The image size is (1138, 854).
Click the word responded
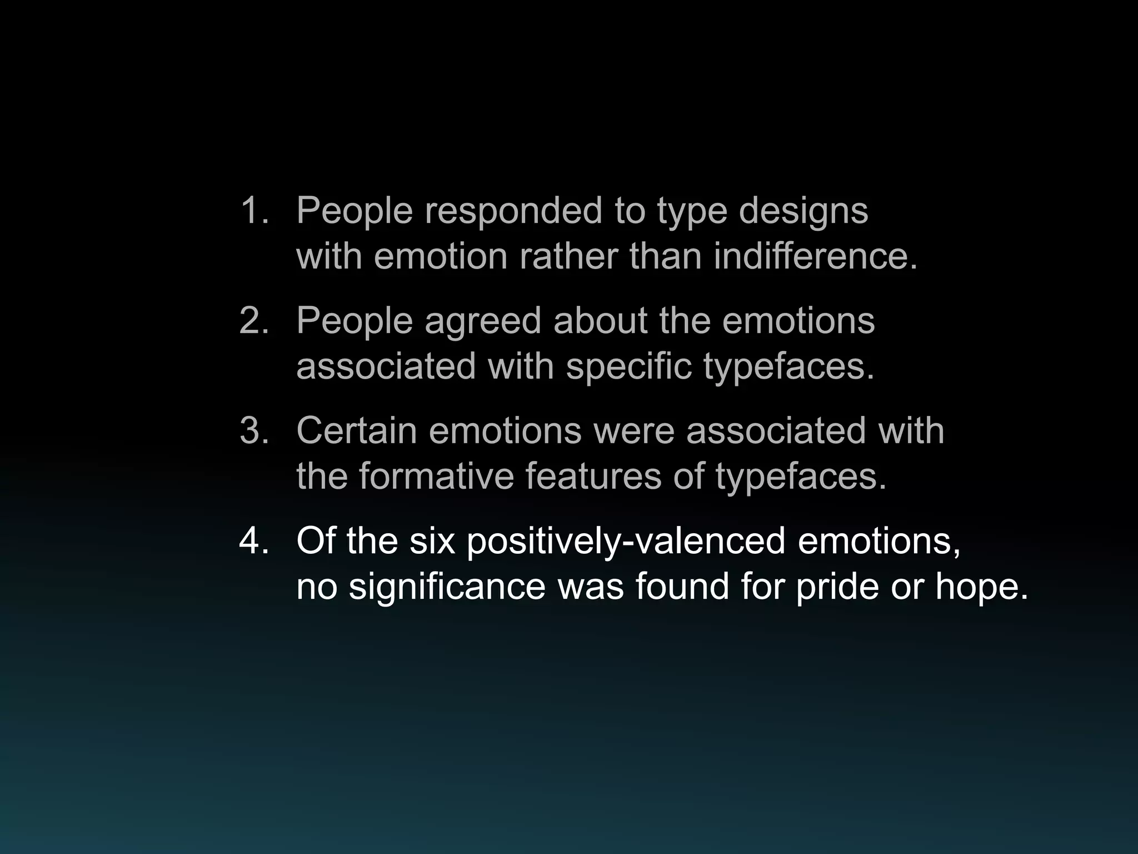513,211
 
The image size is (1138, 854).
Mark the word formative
436,476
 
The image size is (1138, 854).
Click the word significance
447,587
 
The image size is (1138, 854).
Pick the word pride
837,587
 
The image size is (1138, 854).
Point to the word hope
981,587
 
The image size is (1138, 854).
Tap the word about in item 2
600,321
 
